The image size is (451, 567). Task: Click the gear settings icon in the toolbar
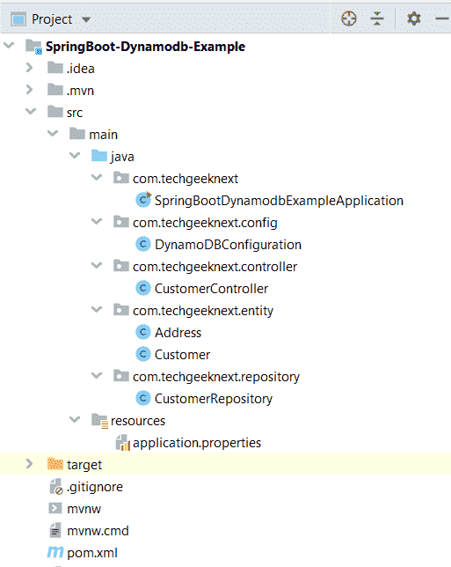413,18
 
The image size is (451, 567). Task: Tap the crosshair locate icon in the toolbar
349,18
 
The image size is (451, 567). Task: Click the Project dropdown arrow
86,19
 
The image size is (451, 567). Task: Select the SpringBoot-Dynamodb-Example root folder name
146,47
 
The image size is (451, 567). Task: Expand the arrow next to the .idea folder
30,68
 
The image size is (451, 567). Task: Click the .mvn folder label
80,91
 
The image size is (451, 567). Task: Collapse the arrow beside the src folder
31,111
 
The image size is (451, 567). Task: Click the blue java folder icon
99,156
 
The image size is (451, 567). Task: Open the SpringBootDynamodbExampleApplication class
279,201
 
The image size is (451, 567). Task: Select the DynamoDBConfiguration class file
228,245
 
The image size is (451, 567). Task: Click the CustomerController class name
211,289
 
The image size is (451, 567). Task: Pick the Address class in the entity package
178,333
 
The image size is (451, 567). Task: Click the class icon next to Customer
143,354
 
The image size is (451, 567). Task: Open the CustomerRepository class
214,399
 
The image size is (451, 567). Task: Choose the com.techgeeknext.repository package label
216,377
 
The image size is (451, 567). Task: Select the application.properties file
197,443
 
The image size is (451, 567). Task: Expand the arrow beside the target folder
30,464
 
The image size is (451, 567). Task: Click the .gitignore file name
95,487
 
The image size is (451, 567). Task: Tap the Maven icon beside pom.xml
55,552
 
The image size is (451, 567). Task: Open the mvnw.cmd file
98,531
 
